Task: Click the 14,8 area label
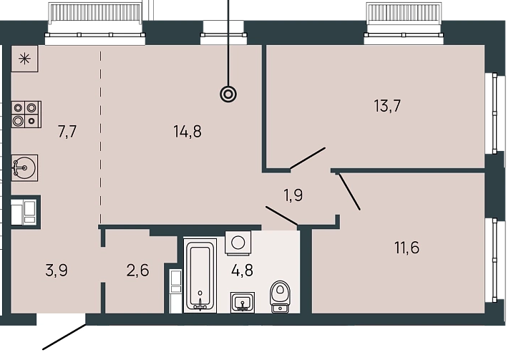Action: click(x=188, y=132)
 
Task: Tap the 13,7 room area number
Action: click(x=387, y=106)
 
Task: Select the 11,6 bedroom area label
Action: click(x=407, y=248)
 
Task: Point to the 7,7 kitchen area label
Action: click(x=67, y=132)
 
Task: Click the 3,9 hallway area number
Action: click(x=57, y=271)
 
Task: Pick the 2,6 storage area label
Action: click(x=137, y=271)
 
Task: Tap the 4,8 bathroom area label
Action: click(x=242, y=271)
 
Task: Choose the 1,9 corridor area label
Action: click(x=293, y=195)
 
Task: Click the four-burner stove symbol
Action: click(x=26, y=115)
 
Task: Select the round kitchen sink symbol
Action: click(x=24, y=167)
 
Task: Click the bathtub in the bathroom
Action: click(x=200, y=276)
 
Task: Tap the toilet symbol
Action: click(x=280, y=296)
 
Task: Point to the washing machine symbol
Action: click(x=238, y=243)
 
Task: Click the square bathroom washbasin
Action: click(x=243, y=302)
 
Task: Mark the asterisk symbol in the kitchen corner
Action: click(x=24, y=59)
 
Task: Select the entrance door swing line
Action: click(x=64, y=337)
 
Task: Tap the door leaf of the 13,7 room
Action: click(x=308, y=158)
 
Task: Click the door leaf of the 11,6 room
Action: click(x=349, y=192)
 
